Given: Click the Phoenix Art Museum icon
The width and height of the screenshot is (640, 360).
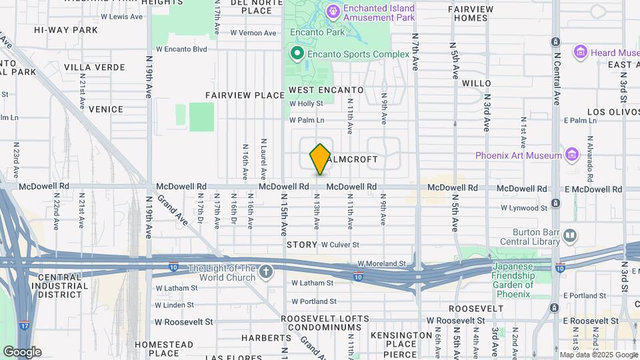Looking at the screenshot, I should pos(571,155).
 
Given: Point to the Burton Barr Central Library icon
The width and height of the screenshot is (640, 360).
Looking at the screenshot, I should pos(570,235).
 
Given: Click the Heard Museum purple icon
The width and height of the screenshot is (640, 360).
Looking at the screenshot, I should pos(580,52).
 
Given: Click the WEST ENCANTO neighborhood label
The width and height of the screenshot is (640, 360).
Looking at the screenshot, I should pos(326,90).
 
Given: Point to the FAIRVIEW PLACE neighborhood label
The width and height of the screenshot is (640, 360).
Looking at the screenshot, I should pos(245,95).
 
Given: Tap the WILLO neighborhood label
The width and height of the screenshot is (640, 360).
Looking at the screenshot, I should pos(477,83).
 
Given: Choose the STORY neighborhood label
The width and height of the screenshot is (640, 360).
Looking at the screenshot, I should pos(301,245).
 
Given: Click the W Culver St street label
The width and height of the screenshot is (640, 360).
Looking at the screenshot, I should pos(340,245).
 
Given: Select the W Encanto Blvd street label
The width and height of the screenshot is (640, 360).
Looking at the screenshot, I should pos(181,49).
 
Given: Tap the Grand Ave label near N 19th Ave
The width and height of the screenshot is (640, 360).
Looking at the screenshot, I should pos(173,209).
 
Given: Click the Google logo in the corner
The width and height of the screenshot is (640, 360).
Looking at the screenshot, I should pos(22,352).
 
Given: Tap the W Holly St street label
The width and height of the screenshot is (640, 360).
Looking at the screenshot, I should pos(306,103).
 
